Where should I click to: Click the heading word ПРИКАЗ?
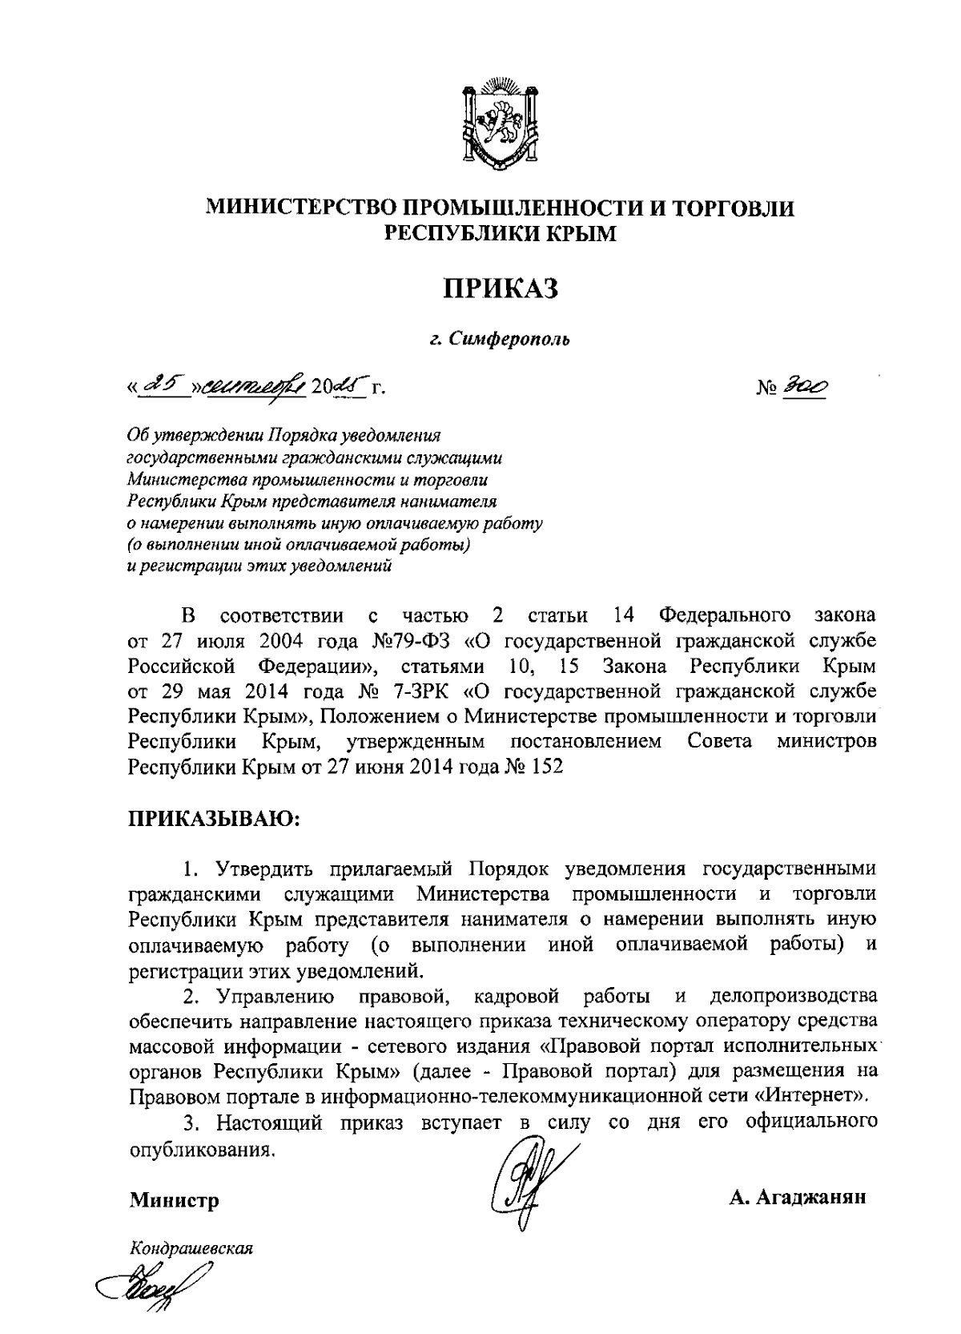coord(501,288)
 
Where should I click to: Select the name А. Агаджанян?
coord(798,1199)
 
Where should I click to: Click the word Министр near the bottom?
coord(174,1200)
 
